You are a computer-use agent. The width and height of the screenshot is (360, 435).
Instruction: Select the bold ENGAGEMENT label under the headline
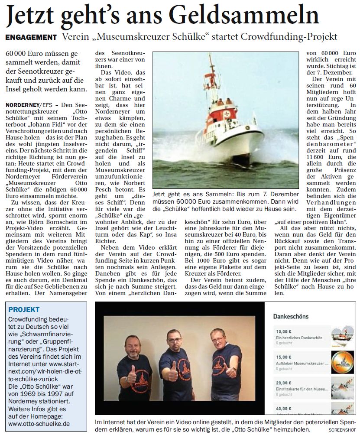click(31, 37)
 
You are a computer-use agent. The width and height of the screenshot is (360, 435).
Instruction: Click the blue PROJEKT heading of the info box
click(24, 309)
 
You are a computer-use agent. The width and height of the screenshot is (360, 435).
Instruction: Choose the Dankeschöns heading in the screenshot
click(291, 316)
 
